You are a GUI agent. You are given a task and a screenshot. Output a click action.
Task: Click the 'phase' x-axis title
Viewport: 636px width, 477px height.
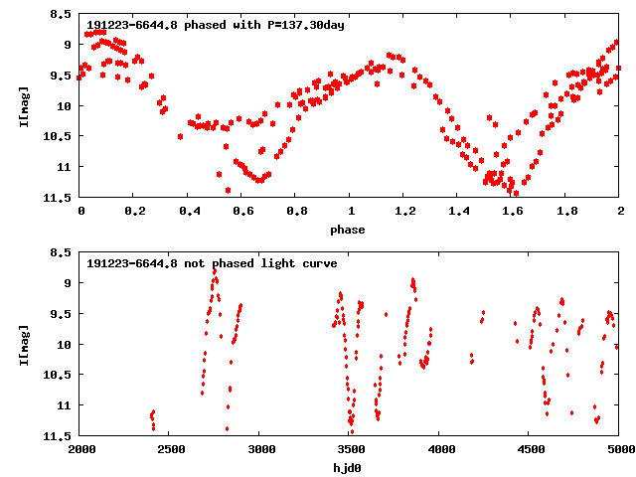[348, 230]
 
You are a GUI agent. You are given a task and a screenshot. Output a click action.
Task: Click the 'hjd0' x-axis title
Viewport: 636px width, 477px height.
[348, 468]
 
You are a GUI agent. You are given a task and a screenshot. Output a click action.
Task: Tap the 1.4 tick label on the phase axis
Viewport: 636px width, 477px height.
[458, 212]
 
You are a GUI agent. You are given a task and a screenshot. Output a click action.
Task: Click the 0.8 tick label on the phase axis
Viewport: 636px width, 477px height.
[296, 212]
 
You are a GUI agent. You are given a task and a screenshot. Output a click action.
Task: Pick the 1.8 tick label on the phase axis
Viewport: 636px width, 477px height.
[566, 212]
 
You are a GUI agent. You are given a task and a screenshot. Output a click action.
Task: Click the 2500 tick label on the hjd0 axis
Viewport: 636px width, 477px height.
[170, 450]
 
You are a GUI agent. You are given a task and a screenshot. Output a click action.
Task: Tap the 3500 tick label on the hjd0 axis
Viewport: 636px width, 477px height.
[350, 450]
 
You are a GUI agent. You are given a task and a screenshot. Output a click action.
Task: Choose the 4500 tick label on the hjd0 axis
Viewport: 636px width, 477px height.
[529, 450]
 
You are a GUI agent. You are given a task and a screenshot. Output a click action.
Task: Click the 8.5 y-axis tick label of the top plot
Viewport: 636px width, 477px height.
[61, 15]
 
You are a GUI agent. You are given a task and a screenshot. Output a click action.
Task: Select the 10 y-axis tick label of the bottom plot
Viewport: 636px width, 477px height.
[65, 345]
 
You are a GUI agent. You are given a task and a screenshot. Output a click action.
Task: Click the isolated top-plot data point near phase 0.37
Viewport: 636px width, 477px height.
[180, 136]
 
